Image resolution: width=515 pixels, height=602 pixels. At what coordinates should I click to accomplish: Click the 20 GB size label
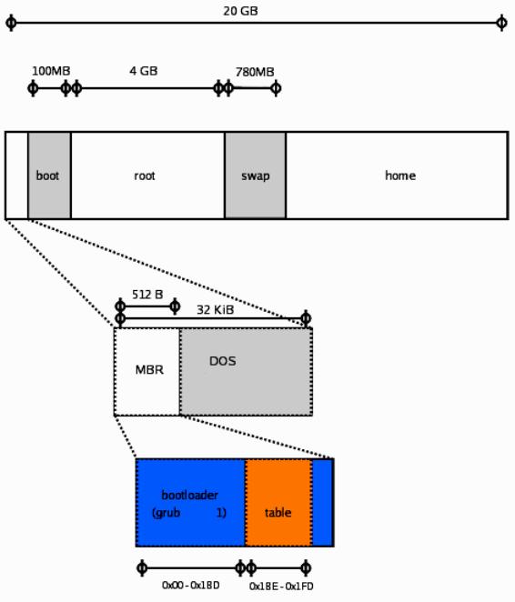240,11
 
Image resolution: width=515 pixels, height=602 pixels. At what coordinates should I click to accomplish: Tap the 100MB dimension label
51,71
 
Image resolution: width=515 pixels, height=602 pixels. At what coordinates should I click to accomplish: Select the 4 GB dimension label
144,71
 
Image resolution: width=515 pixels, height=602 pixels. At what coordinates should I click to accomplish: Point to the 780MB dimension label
255,72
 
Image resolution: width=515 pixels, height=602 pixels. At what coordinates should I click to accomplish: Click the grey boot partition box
49,176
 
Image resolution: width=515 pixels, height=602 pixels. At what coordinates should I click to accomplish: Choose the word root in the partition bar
145,176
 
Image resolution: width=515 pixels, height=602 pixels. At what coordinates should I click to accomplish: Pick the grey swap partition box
256,176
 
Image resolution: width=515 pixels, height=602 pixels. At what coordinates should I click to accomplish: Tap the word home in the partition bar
400,176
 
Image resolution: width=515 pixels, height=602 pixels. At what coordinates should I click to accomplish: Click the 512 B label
147,295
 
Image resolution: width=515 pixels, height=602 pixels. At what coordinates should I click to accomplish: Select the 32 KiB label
215,309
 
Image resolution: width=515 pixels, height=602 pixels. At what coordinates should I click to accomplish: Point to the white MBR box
147,372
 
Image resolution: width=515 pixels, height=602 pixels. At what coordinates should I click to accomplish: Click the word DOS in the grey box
222,361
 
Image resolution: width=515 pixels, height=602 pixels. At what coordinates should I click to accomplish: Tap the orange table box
278,503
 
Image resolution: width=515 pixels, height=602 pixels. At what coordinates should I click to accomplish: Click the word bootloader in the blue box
190,495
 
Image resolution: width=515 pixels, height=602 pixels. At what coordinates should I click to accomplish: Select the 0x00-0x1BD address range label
191,585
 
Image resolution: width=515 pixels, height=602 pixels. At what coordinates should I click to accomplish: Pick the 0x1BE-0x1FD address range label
281,587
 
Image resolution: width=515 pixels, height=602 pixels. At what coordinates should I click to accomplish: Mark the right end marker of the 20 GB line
501,23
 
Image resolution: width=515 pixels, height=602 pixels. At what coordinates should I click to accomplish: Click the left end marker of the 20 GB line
11,23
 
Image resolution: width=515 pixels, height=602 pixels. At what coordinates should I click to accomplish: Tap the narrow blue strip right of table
323,503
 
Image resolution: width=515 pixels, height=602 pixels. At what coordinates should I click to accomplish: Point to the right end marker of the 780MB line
276,88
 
